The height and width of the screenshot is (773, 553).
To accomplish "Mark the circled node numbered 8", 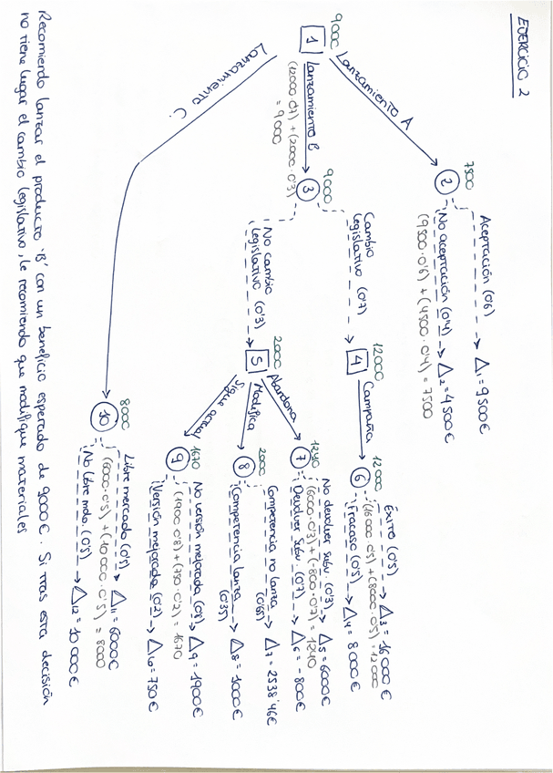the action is (x=242, y=468).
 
